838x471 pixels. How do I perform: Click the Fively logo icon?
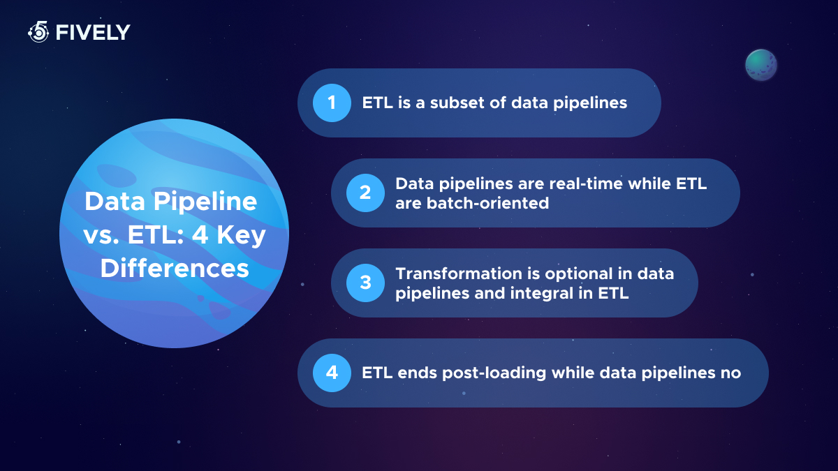(38, 32)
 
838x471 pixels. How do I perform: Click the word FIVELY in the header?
(93, 33)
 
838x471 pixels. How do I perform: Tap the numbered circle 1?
(332, 103)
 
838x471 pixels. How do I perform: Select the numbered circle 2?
(365, 193)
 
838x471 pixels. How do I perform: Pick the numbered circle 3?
(365, 283)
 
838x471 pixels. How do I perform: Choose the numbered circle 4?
(332, 373)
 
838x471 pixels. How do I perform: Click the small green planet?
(761, 65)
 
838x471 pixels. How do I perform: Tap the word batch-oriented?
(487, 203)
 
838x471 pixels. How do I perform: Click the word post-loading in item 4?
(494, 373)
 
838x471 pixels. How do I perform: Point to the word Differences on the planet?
(175, 269)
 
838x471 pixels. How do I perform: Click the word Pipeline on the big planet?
(205, 202)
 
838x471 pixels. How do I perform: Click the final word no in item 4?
(731, 373)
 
